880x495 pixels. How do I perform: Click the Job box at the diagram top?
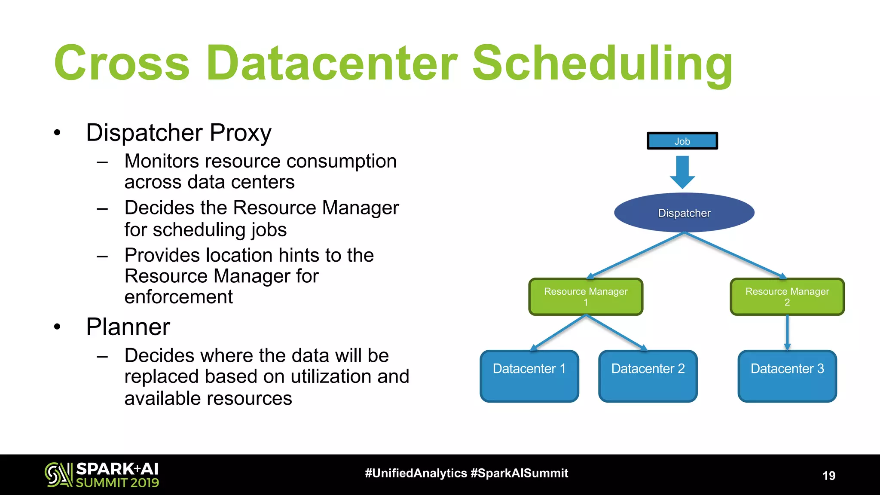coord(682,141)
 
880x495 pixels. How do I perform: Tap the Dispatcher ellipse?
coord(684,213)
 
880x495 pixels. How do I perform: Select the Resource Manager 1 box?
coord(586,296)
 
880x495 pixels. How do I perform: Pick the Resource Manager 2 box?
coord(787,296)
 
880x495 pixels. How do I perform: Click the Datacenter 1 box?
coord(529,376)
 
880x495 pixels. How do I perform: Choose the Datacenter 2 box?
coord(648,376)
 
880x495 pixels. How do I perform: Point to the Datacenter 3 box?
coord(787,376)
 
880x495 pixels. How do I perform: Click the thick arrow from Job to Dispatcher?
coord(682,171)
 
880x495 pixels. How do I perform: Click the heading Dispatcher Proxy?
coord(179,133)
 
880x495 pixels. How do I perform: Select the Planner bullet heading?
coord(128,327)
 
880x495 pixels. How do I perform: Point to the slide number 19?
coord(828,476)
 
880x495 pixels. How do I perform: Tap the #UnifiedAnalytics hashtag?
coord(416,473)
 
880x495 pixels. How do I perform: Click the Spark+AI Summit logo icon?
coord(58,474)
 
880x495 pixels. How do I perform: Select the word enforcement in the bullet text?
coord(178,297)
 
